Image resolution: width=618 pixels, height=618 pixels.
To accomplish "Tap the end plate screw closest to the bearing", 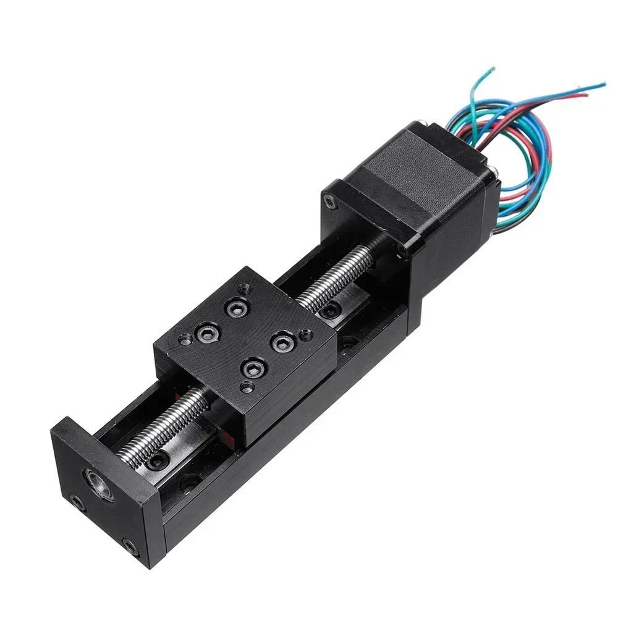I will pyautogui.click(x=76, y=502).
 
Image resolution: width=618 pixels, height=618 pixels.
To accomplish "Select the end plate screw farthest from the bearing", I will pyautogui.click(x=131, y=546).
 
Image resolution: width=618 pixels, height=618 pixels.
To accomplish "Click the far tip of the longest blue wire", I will pyautogui.click(x=603, y=85).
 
